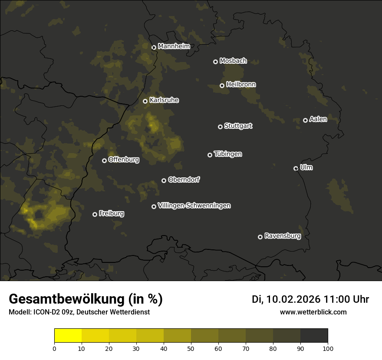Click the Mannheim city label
click(x=174, y=46)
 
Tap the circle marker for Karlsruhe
click(x=145, y=101)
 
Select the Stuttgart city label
click(x=238, y=126)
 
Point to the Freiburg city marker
click(x=95, y=214)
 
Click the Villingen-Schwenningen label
click(x=194, y=206)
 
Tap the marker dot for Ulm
click(x=296, y=168)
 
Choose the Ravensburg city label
click(x=282, y=236)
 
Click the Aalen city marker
click(x=306, y=120)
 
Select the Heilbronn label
click(x=241, y=85)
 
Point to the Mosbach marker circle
click(x=215, y=62)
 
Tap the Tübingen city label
click(x=228, y=154)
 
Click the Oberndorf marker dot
click(x=164, y=180)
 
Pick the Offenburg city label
click(x=124, y=160)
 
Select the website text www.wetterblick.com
click(x=313, y=312)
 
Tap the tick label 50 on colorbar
click(x=191, y=348)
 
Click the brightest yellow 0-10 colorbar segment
click(x=68, y=336)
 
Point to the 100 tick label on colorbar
click(x=327, y=348)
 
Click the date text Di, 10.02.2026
click(x=286, y=299)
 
